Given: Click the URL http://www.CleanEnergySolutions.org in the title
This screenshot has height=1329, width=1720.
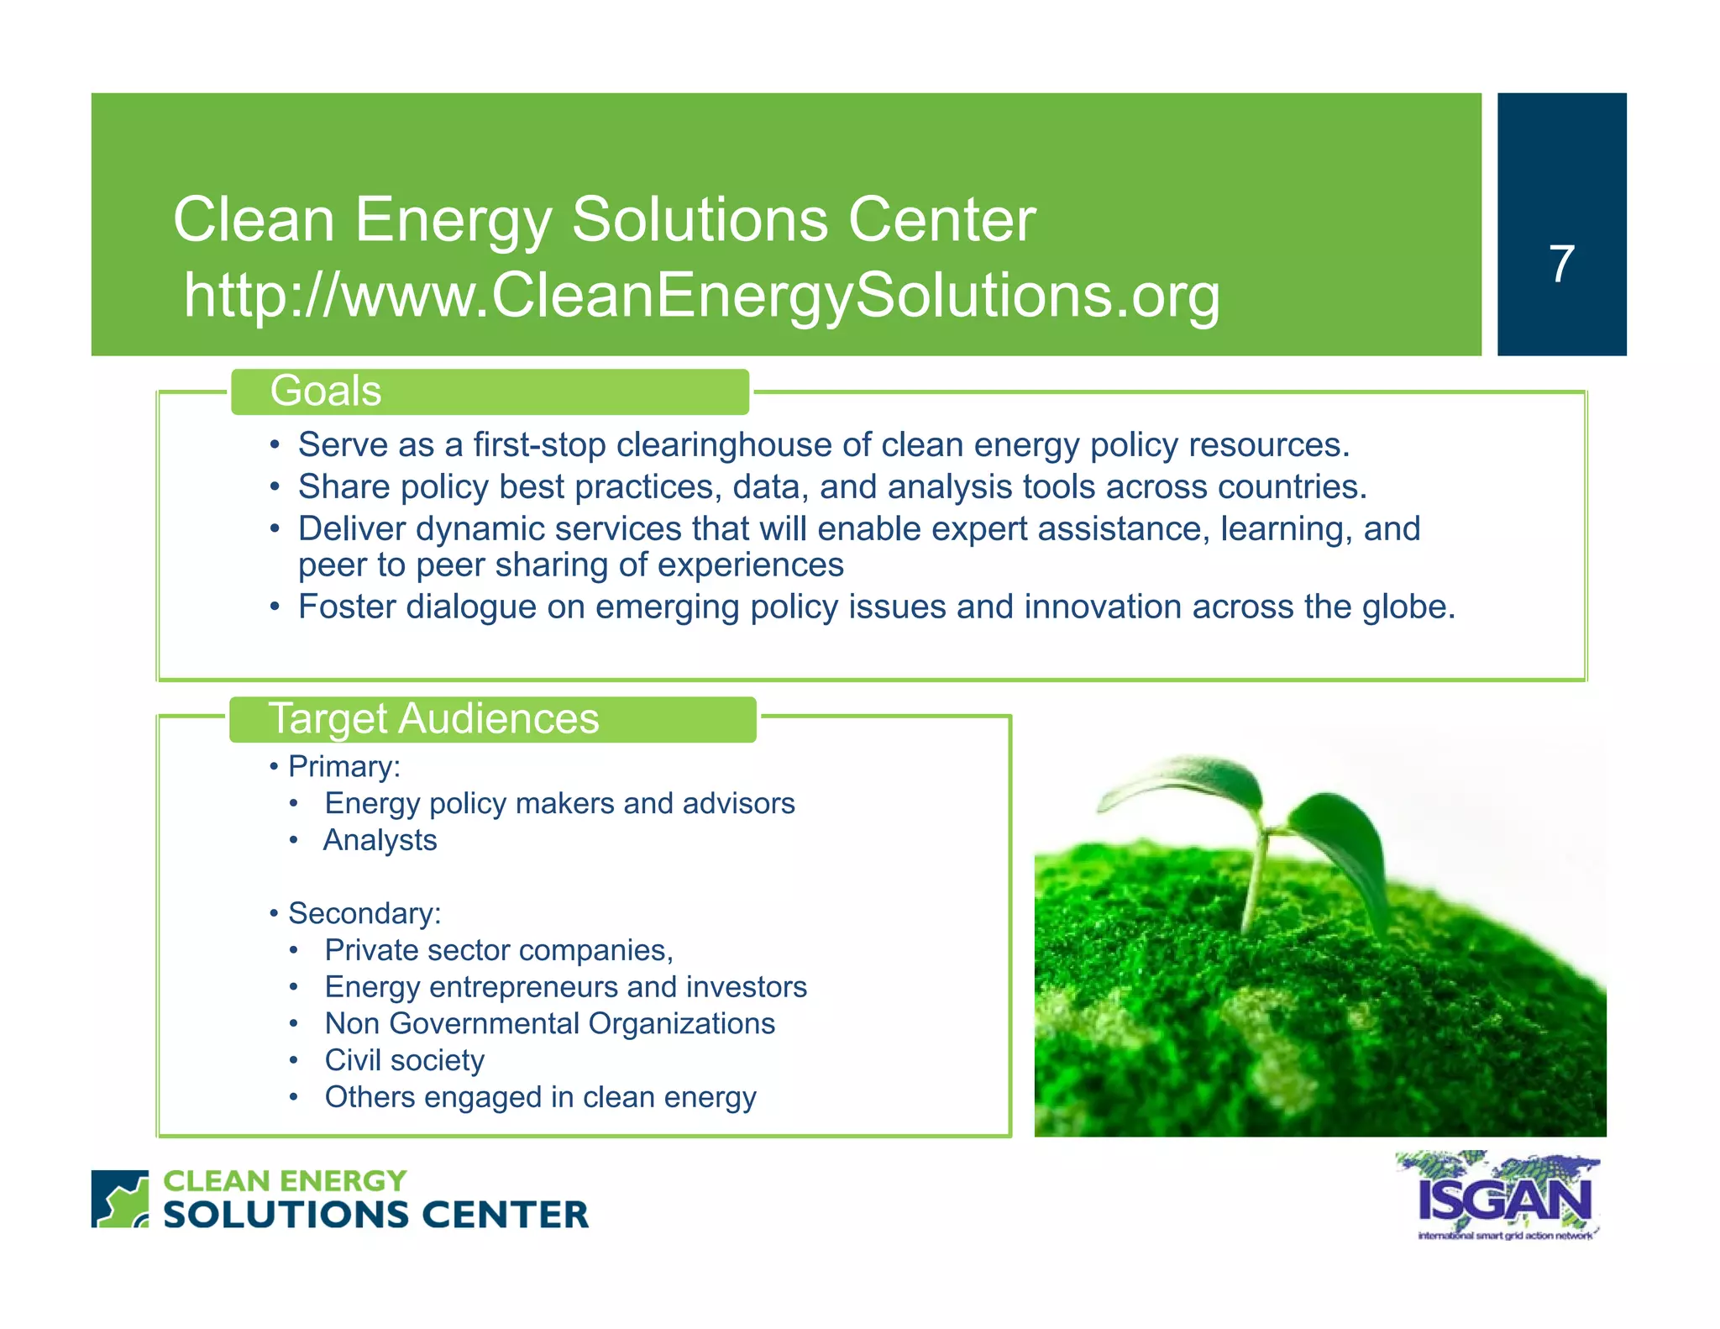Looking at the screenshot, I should (701, 296).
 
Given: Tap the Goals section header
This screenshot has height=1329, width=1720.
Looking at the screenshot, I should (326, 391).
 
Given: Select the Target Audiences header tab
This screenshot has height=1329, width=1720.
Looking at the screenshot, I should (433, 719).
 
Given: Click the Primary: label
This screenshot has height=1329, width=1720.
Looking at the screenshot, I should (343, 767).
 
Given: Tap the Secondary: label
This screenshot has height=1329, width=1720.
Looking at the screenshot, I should (364, 913).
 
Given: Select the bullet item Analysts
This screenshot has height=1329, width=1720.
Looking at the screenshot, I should (380, 840).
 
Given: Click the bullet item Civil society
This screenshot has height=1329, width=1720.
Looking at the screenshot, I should (404, 1060).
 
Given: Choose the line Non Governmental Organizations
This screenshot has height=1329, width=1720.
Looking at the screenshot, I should (549, 1023).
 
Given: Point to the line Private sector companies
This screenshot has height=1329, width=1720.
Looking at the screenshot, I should (498, 950).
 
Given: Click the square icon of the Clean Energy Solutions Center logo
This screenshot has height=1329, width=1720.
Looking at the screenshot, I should (119, 1199).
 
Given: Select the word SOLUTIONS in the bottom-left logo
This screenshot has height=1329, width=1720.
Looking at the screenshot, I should (286, 1215).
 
